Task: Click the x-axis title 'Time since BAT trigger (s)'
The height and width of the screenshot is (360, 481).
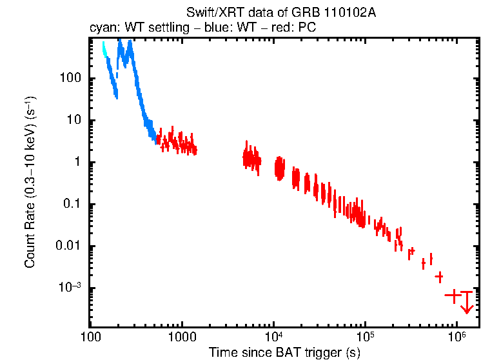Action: [284, 352]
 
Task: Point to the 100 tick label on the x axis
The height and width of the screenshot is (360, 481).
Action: [91, 337]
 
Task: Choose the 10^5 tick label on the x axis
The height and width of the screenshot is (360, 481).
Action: [365, 336]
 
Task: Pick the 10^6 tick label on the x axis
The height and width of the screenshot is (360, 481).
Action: [456, 336]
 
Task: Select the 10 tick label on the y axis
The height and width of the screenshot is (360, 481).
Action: [73, 121]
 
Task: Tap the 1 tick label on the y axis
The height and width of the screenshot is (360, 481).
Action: [76, 163]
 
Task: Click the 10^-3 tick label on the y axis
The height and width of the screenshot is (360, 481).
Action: [68, 288]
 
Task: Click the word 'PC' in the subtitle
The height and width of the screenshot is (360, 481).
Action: [307, 28]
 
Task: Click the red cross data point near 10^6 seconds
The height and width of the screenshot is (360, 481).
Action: [454, 295]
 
